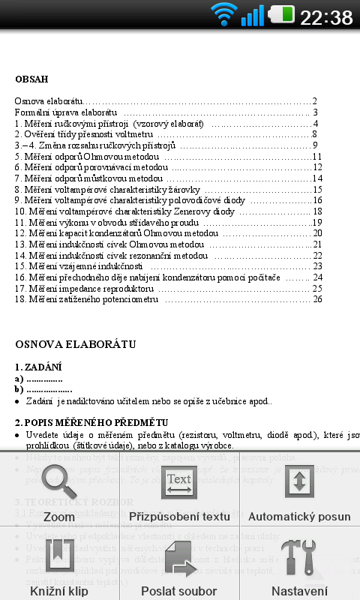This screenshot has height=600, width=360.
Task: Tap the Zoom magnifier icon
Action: click(x=59, y=481)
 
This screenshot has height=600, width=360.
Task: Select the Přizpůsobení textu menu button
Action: click(x=179, y=481)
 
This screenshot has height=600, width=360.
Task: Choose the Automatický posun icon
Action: click(x=299, y=481)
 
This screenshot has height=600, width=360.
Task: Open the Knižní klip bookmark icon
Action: click(x=59, y=556)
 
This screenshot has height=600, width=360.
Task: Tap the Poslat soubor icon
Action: click(x=179, y=556)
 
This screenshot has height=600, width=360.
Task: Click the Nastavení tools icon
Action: click(x=299, y=556)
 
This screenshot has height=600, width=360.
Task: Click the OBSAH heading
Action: click(x=31, y=79)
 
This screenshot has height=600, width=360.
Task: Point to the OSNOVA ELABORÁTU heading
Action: click(x=76, y=344)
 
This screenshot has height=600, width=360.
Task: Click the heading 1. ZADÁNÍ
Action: click(x=38, y=367)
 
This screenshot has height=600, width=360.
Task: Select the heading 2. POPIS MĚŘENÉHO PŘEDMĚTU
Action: click(x=91, y=422)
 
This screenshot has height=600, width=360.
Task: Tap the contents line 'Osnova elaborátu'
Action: click(x=48, y=100)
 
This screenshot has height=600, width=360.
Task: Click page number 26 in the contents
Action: click(x=318, y=299)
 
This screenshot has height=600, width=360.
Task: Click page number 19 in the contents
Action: click(x=317, y=222)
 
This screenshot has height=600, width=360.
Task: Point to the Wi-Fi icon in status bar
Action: click(x=223, y=15)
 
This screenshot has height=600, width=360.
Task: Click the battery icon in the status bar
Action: click(x=281, y=15)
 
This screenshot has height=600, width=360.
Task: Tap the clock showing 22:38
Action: click(x=326, y=16)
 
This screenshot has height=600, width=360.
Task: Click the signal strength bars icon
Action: click(x=253, y=15)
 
